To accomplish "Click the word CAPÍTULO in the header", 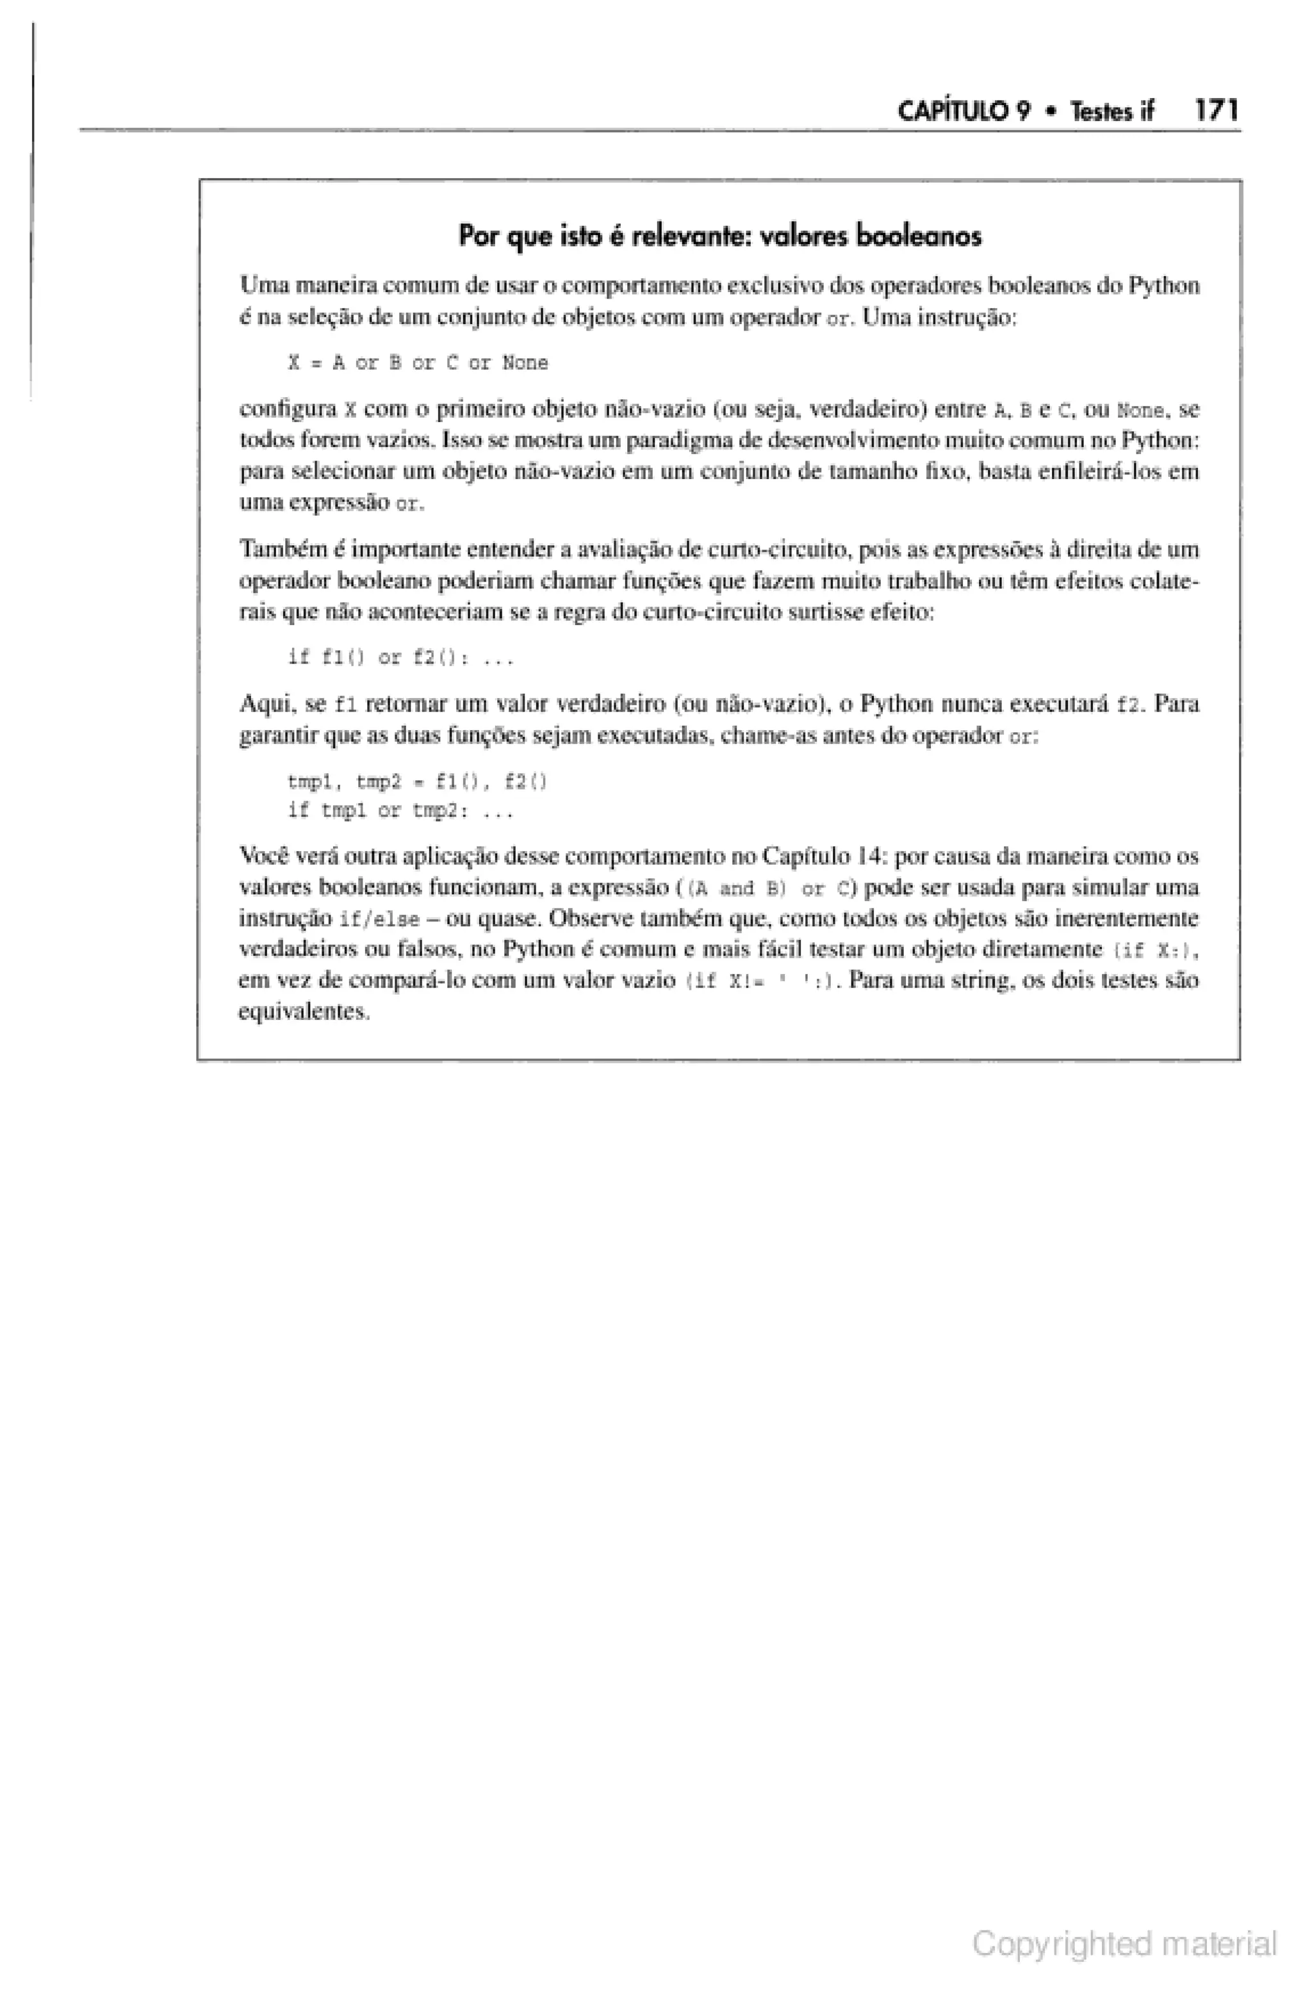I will coord(962,111).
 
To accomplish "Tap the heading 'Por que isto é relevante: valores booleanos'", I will coord(720,236).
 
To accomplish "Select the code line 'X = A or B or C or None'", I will coord(418,363).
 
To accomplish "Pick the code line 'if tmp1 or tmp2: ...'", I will coord(400,812).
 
